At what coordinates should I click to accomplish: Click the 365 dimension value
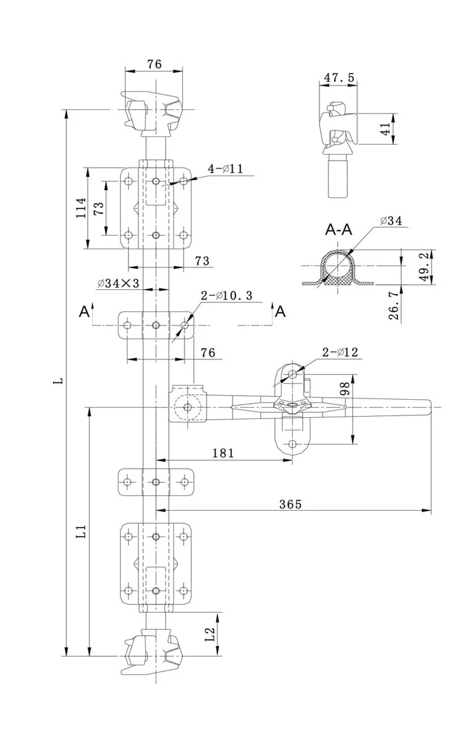[290, 504]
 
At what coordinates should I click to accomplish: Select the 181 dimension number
[223, 453]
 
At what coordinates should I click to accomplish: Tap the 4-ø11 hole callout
[225, 169]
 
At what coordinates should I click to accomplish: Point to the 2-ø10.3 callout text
[226, 295]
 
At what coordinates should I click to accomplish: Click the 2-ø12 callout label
[340, 352]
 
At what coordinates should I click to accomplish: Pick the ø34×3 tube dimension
[118, 283]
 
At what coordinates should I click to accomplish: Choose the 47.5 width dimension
[339, 77]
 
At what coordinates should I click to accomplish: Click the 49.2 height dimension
[425, 266]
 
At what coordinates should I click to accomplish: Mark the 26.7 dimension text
[393, 306]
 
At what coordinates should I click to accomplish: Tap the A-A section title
[339, 229]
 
